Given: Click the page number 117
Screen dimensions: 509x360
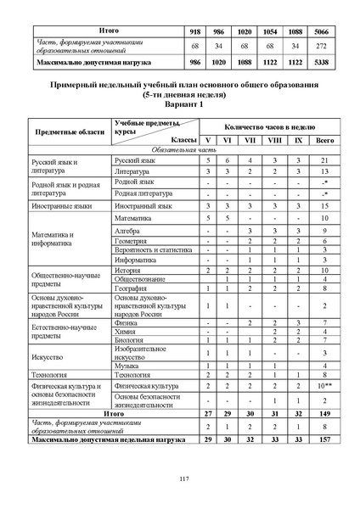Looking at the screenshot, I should (184, 480).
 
